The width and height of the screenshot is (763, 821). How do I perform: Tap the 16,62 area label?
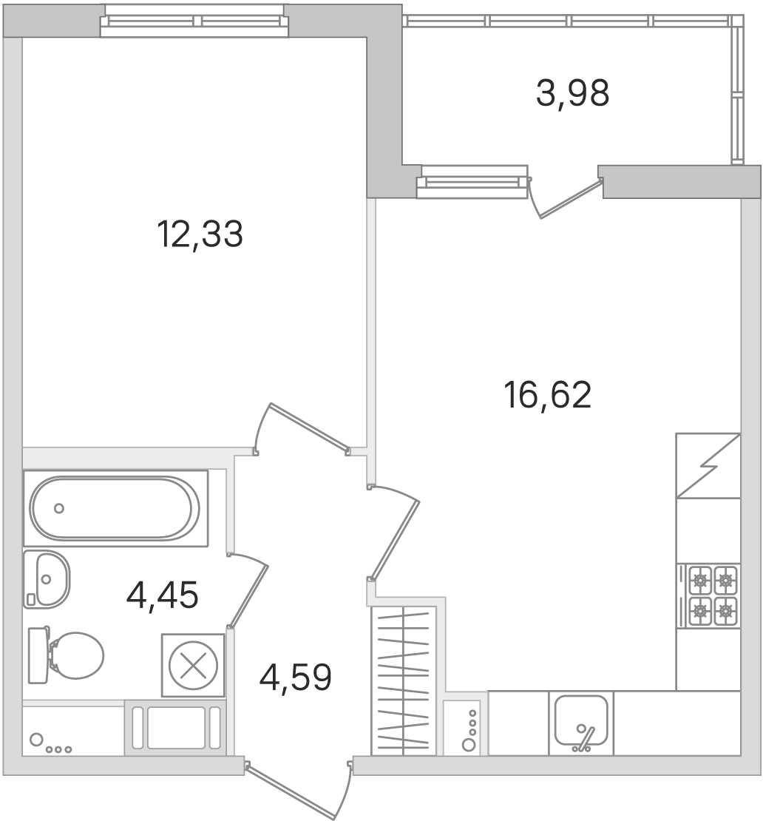point(547,395)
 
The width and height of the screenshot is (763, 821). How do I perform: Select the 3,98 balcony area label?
point(572,93)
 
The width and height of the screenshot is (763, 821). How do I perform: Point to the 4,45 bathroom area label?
point(162,595)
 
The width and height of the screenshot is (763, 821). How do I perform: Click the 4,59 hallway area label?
point(295,677)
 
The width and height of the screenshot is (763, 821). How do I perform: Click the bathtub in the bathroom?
point(115,508)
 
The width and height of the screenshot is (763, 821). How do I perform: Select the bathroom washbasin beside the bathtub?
point(46,579)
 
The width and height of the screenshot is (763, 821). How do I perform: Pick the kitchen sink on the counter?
point(581,723)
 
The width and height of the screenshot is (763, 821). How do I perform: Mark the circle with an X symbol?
point(193,666)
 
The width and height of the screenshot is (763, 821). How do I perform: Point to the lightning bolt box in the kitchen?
point(708,465)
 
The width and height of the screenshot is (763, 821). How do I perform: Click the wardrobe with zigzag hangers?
point(404,680)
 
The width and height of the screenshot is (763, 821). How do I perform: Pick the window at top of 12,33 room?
point(194,21)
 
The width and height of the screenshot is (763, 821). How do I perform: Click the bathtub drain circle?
point(59,508)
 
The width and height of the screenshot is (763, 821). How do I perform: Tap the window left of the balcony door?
point(472,182)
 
